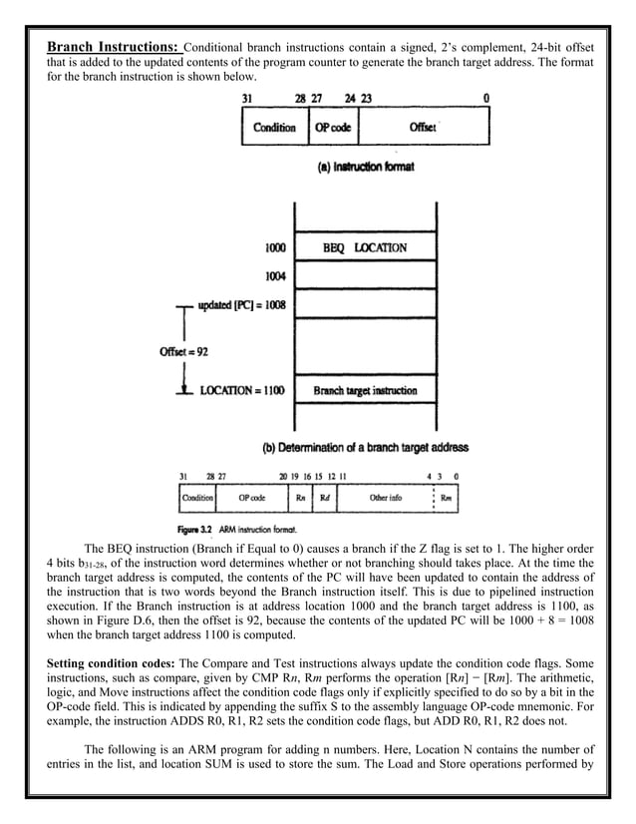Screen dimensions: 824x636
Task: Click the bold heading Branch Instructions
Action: tap(114, 47)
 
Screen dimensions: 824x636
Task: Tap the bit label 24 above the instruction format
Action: tap(350, 98)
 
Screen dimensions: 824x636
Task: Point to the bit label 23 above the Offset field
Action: tap(366, 98)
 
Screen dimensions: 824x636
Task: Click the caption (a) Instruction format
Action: tap(365, 167)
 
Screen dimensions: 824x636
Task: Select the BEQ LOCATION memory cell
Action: tap(365, 247)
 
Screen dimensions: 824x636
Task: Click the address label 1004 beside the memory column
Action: tap(275, 275)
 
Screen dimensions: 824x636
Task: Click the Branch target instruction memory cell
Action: tap(365, 390)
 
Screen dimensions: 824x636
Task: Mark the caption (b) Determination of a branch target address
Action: tap(365, 447)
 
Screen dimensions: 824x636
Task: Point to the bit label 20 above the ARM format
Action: tap(282, 476)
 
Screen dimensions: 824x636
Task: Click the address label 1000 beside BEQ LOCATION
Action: tap(275, 247)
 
